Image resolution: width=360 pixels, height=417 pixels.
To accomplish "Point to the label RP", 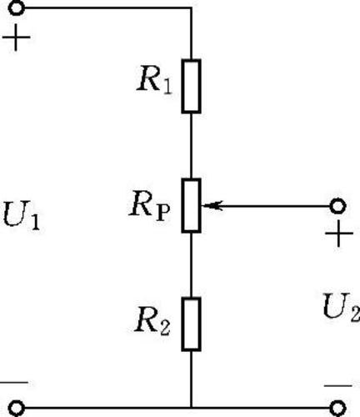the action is point(149,206).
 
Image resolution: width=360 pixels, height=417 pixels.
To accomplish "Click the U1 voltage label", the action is point(21,215).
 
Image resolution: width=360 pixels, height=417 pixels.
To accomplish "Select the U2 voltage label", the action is point(342,307).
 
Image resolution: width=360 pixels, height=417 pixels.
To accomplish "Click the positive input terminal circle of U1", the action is point(17,8).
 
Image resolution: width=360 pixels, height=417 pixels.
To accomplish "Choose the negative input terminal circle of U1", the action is point(17,408).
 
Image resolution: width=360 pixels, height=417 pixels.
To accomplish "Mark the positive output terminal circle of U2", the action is point(337,206).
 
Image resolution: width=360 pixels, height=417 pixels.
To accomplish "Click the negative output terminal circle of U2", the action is point(337,408).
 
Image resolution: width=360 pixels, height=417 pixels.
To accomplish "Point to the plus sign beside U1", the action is point(16,38).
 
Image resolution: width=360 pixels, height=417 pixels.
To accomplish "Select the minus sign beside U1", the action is point(14,383).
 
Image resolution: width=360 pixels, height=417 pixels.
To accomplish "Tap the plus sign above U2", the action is point(339,234).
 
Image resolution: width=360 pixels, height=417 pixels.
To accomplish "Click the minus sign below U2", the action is point(337,386).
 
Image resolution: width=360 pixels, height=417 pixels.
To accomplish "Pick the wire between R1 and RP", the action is point(191,146).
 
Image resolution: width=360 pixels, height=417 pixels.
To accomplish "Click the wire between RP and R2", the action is point(191,265).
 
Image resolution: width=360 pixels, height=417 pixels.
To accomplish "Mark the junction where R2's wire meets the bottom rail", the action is point(191,408).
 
